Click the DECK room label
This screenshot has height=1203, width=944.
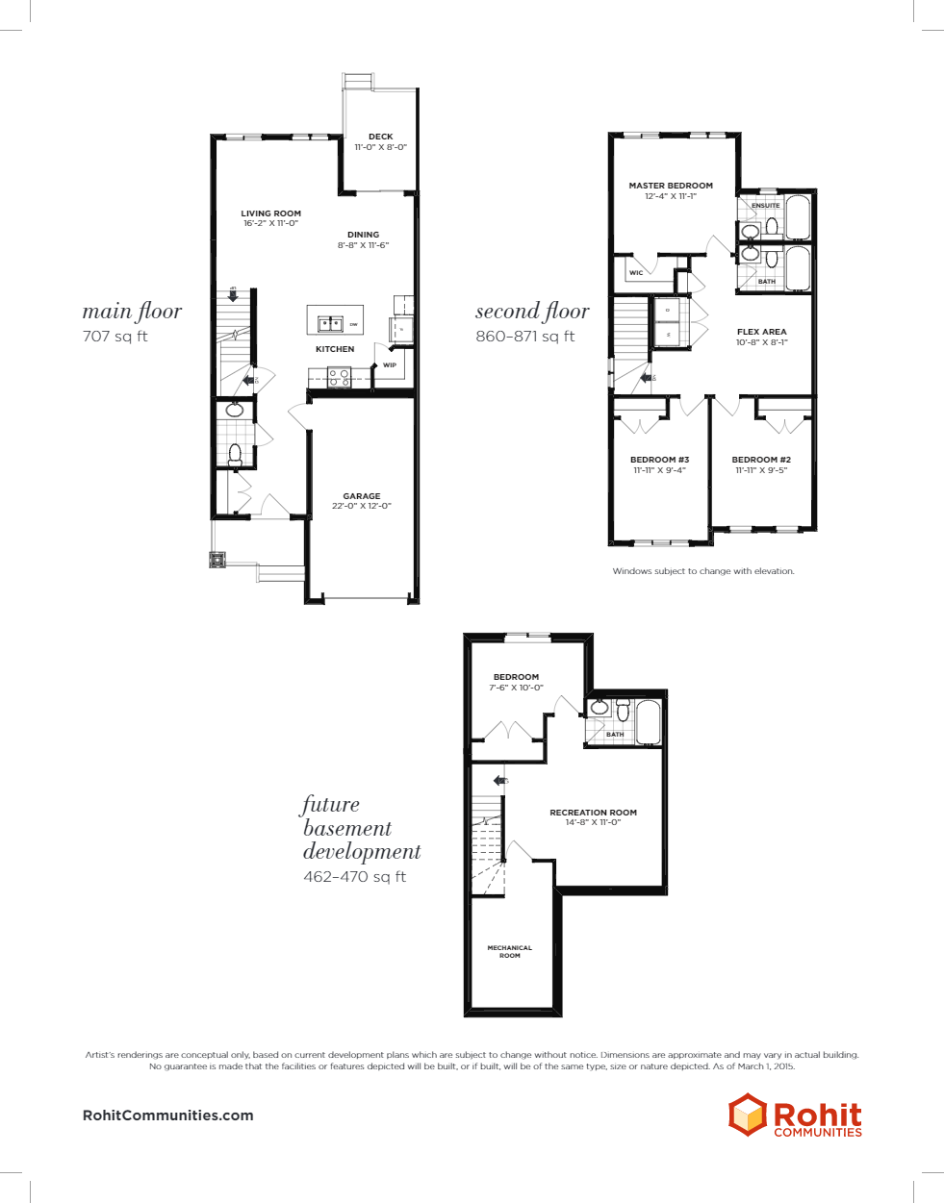(x=380, y=137)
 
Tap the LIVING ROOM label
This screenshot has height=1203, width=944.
(x=270, y=213)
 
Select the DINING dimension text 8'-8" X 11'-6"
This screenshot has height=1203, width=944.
(x=363, y=245)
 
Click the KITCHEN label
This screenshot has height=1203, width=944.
(x=335, y=349)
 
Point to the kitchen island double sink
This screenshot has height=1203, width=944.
(x=331, y=324)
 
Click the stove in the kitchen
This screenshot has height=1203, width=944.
(x=339, y=378)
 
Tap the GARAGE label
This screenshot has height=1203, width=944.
(x=362, y=496)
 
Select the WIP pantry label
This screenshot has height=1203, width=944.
(x=390, y=365)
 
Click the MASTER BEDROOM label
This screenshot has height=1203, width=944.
(x=671, y=186)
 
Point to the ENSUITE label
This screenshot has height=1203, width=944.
(x=766, y=206)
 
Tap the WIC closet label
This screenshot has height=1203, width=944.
(x=636, y=273)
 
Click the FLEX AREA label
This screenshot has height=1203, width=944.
(x=761, y=332)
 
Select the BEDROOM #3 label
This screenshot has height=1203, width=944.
(x=659, y=460)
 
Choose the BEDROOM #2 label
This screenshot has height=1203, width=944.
(x=761, y=460)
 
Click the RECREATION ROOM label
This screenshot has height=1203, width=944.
(x=593, y=813)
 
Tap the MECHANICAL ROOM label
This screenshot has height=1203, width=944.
(x=509, y=952)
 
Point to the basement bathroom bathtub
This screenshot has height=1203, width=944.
(x=648, y=722)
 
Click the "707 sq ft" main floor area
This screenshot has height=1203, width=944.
(x=115, y=337)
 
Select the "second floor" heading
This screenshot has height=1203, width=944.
(x=532, y=312)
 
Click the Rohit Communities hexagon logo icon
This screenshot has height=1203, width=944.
(x=747, y=1115)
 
